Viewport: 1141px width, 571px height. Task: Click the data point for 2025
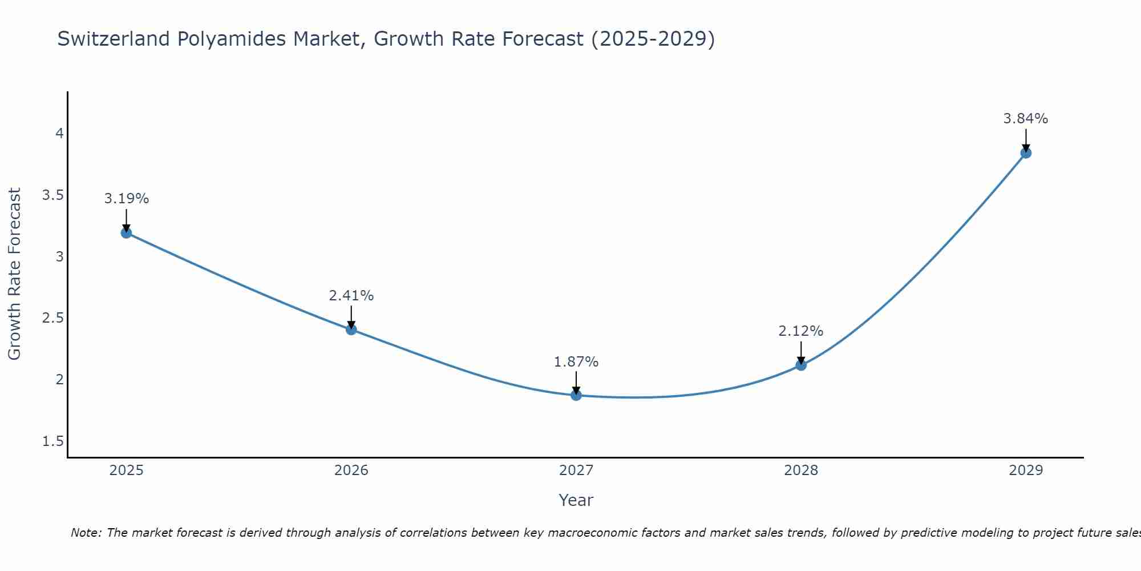coord(126,232)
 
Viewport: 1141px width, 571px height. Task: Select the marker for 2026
coord(351,329)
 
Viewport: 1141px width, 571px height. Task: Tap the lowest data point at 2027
coord(576,395)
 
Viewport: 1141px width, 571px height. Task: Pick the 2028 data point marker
coord(801,365)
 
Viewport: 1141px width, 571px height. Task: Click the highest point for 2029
coord(1026,152)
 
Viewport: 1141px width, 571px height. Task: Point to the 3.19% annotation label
coord(126,199)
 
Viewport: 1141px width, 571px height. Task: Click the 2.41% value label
coord(351,296)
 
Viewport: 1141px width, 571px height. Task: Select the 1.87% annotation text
coord(576,362)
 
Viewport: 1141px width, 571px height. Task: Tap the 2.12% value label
coord(801,331)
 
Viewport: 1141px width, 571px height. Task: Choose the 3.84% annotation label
coord(1026,119)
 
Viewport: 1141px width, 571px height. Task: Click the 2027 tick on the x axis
coord(576,471)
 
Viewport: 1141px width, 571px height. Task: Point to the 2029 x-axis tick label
coord(1026,471)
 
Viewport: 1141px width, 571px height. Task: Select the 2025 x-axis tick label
coord(126,471)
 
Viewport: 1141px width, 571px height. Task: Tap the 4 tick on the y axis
coord(59,134)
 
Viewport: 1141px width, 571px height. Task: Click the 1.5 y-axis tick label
coord(53,441)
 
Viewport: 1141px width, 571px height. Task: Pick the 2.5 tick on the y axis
coord(53,318)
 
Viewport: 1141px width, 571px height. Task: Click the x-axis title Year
coord(576,500)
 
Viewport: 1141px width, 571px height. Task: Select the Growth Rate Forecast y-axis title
coord(15,274)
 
